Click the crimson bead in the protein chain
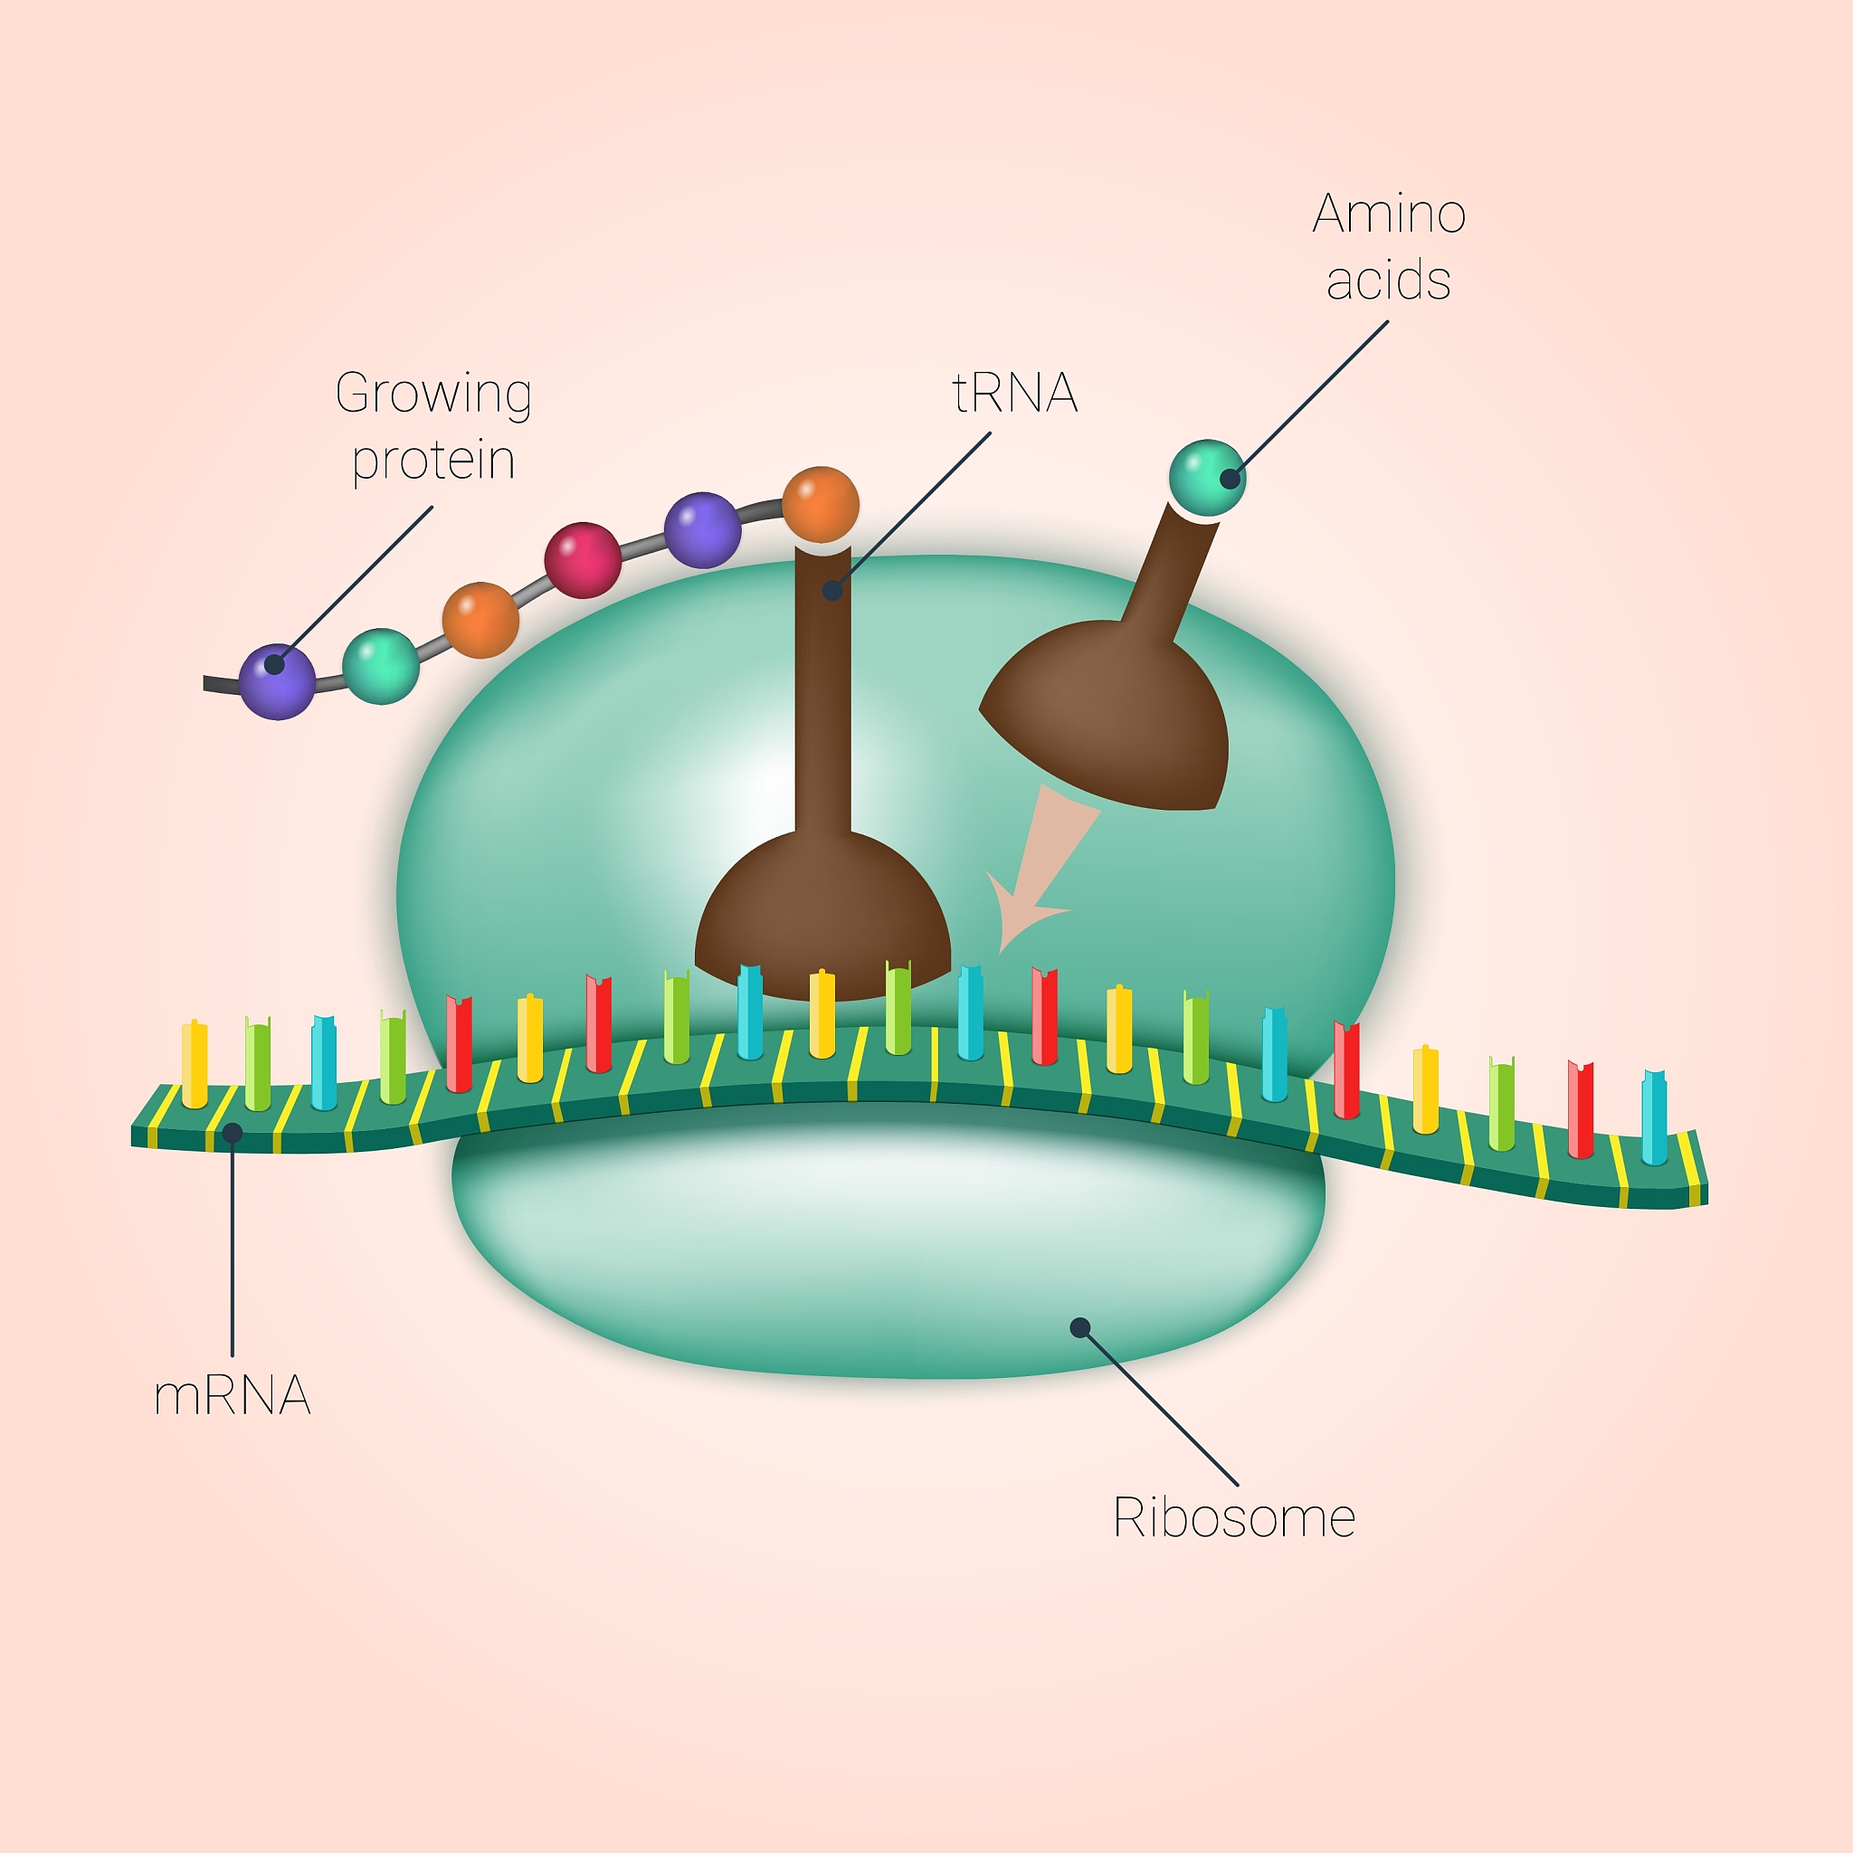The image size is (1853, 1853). (582, 560)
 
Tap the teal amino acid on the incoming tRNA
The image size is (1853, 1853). (1207, 478)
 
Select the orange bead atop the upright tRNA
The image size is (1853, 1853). (820, 505)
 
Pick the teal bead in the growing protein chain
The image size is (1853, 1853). (381, 666)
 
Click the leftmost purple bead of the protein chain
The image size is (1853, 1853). (277, 681)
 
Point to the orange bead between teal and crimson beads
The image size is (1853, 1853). (480, 620)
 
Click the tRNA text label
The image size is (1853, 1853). (1015, 394)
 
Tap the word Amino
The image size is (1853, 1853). (1389, 213)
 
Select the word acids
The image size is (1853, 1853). (1388, 281)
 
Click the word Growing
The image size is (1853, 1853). (433, 394)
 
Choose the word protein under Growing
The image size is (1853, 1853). (433, 461)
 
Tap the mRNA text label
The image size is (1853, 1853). (233, 1396)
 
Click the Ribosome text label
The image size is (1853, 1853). (1233, 1518)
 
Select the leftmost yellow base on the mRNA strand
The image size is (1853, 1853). (195, 1065)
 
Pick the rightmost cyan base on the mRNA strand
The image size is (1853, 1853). (1654, 1117)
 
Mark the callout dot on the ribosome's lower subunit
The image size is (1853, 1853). (1080, 1327)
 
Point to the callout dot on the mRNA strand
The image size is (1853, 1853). (233, 1133)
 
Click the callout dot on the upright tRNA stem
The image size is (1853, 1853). (832, 591)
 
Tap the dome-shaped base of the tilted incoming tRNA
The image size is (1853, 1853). (1113, 715)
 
